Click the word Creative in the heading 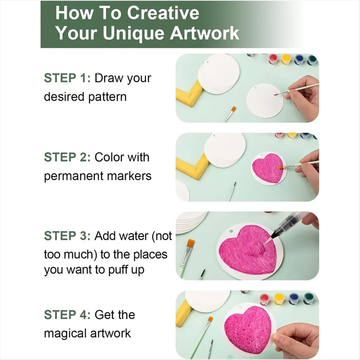(x=163, y=13)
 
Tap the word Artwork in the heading (x=204, y=33)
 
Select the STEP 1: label (x=67, y=78)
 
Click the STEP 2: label (x=67, y=157)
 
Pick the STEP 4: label (x=67, y=315)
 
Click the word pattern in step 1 (x=107, y=97)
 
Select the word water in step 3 (x=133, y=236)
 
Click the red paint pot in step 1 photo (x=273, y=59)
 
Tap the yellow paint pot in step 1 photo (x=286, y=59)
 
